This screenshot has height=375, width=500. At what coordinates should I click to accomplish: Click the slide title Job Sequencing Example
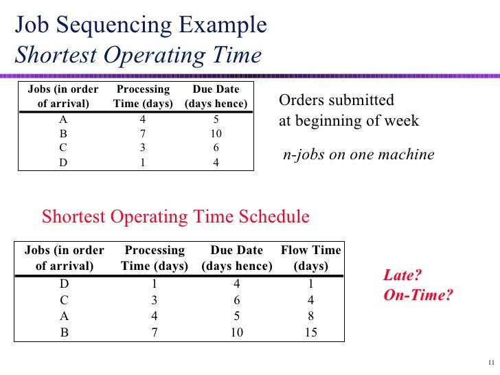tap(140, 26)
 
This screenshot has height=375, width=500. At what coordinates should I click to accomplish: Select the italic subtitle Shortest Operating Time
tap(138, 55)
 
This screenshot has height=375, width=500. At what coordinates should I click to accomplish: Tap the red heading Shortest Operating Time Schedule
tap(176, 217)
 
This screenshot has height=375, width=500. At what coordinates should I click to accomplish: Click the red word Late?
tap(402, 276)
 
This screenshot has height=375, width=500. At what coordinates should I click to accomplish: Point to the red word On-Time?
tap(418, 295)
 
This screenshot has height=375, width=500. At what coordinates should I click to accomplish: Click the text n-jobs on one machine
tap(359, 155)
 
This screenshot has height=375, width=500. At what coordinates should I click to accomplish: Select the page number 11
tap(490, 363)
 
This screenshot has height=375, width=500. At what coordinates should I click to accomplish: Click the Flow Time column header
tap(311, 258)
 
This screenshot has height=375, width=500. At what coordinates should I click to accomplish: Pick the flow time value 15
tap(311, 333)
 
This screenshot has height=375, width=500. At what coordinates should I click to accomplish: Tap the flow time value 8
tap(311, 317)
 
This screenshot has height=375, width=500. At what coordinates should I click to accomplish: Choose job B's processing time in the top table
tap(143, 133)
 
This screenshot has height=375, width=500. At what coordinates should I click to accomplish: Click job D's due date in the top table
tap(216, 163)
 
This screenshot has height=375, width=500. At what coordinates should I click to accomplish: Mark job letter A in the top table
tap(63, 118)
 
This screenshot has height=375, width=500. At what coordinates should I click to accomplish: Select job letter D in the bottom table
tap(65, 283)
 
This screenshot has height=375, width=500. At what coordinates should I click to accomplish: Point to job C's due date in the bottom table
tap(237, 299)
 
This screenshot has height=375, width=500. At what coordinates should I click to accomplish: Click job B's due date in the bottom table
tap(237, 333)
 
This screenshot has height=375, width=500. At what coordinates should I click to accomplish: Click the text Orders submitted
tap(337, 100)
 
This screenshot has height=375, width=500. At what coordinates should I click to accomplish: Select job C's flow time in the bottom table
tap(311, 299)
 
